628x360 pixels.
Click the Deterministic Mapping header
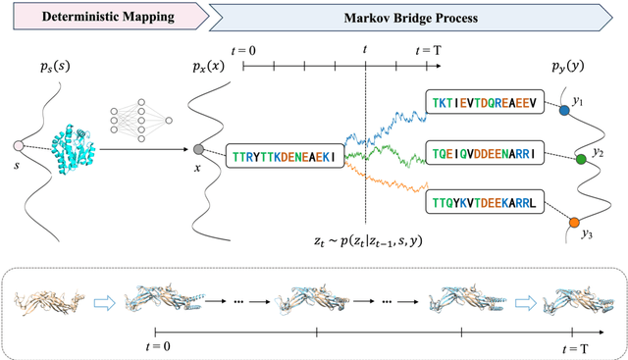click(x=85, y=18)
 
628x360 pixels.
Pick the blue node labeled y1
click(x=563, y=112)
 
